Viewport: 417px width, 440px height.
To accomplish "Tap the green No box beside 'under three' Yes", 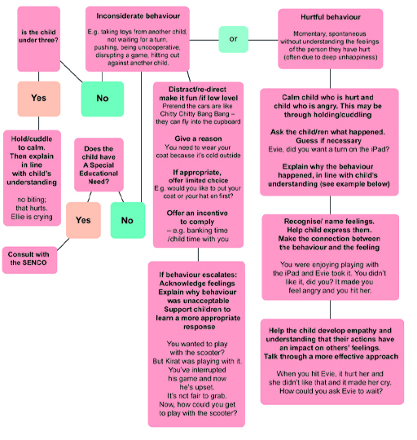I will [x=103, y=99].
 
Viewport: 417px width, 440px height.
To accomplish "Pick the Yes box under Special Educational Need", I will [x=81, y=220].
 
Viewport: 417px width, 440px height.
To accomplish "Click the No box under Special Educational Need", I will [x=126, y=220].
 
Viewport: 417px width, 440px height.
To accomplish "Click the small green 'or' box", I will [x=232, y=37].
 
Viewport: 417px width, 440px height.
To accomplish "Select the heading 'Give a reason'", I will [x=198, y=139].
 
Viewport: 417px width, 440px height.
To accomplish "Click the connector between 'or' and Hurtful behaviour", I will [x=261, y=37].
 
